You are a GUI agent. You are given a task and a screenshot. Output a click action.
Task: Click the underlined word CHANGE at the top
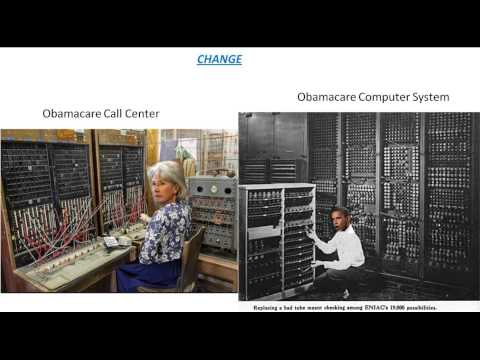coord(219,59)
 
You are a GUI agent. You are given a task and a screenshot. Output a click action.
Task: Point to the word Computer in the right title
coord(383,97)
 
